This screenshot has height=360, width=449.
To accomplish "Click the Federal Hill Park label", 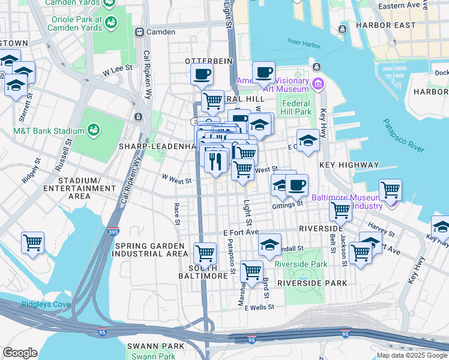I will point(297,107).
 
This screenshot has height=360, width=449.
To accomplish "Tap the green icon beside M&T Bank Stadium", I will point(94,130).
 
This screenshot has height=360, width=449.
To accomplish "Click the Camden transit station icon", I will point(139,32).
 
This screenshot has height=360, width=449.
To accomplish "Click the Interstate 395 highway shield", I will point(114,230).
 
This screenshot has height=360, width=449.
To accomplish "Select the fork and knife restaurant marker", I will point(214,161).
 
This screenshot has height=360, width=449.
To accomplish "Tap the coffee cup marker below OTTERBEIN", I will point(202,74).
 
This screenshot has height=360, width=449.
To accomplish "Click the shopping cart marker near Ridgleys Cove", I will point(32,242).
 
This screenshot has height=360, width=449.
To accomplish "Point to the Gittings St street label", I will point(288,204).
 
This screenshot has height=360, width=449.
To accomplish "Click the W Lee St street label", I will point(117,71).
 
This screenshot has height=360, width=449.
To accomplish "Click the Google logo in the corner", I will point(20,353).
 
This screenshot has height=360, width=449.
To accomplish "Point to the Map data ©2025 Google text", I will point(412,355).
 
